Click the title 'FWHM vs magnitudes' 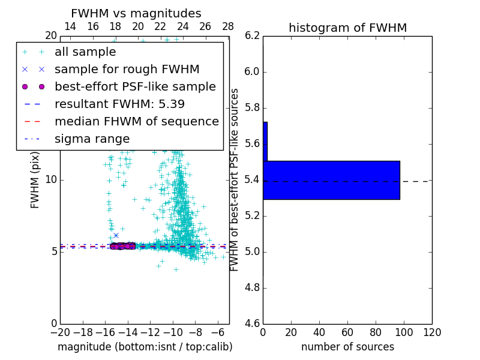pos(136,14)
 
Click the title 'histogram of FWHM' pos(347,28)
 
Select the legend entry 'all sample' pos(85,52)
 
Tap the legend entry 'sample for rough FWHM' pos(127,70)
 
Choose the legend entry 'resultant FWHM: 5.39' pos(119,104)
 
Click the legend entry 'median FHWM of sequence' pos(136,122)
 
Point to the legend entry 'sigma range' pos(92,139)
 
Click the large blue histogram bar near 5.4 pos(331,180)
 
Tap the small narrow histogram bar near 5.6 pos(265,141)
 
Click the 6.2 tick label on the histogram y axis pos(252,36)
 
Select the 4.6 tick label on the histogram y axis pos(252,324)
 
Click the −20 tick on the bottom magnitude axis pos(60,332)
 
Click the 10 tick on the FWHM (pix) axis pos(50,180)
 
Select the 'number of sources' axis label pos(347,347)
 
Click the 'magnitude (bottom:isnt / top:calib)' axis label pos(145,347)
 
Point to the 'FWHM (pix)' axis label pos(35,180)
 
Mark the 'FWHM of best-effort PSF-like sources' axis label pos(235,180)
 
